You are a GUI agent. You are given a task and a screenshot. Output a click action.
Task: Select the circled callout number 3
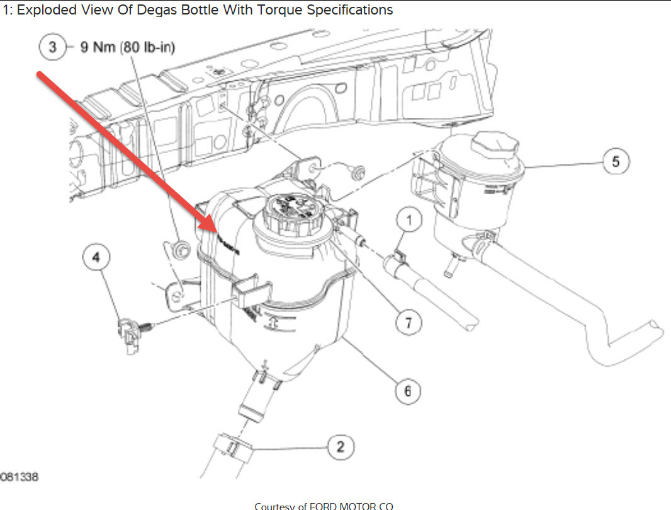tap(53, 48)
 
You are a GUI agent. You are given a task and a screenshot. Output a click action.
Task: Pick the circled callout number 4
tap(96, 257)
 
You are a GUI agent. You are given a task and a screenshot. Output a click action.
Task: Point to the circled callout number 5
tap(615, 162)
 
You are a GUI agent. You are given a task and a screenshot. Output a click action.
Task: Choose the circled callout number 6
tap(408, 391)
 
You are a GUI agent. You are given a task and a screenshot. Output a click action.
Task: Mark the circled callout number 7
tap(408, 323)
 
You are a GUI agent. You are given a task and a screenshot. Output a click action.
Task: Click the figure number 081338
tap(19, 477)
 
